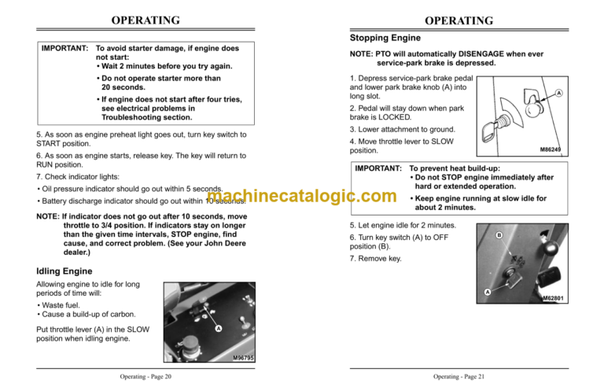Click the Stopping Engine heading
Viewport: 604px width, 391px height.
coord(385,38)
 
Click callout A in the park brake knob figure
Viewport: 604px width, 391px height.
coord(558,93)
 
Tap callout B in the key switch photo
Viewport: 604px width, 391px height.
coord(498,234)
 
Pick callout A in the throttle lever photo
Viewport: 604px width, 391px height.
coord(217,329)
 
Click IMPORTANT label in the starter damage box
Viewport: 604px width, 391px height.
coord(64,49)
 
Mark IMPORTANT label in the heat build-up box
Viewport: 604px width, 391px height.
coord(377,168)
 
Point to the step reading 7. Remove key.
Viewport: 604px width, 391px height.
coord(374,258)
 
